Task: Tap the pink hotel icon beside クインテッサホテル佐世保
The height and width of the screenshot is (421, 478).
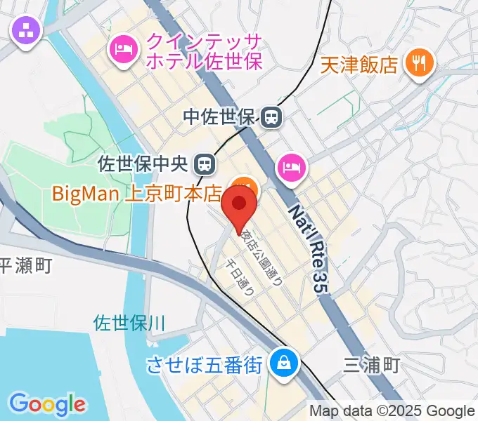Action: point(124,48)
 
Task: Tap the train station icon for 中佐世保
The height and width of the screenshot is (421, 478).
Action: point(271,117)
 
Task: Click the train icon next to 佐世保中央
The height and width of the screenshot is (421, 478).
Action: point(205,164)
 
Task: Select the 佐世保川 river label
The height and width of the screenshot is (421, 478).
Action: point(129,323)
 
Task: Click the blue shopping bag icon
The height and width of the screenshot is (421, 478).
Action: point(285,363)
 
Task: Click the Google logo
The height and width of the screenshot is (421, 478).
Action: point(48,404)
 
